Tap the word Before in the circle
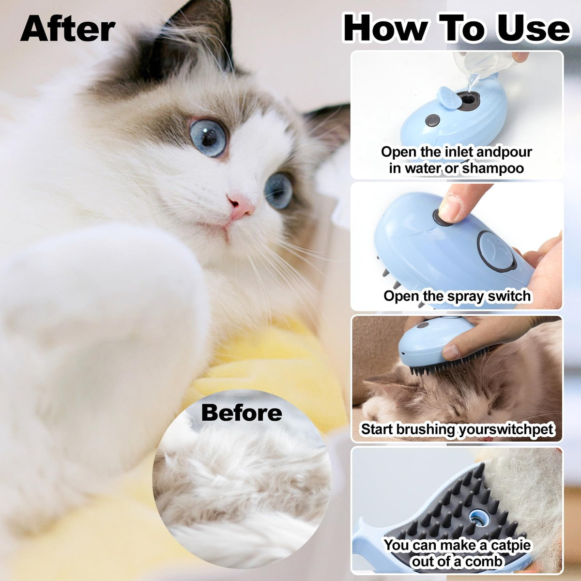242,413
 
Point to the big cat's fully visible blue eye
208,137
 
